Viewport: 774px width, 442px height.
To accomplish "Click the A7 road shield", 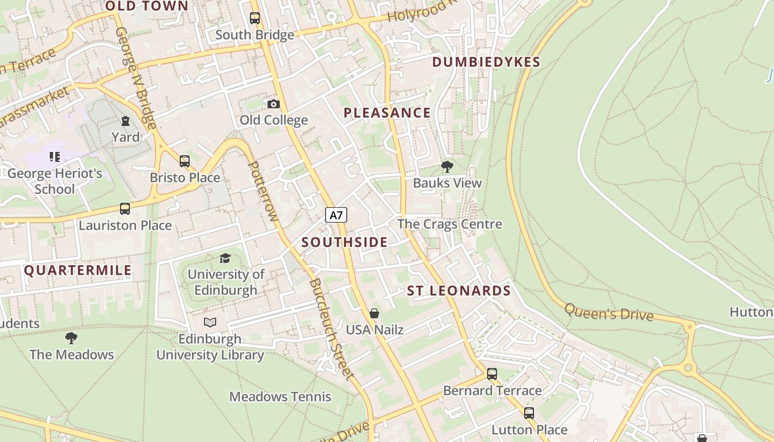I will tap(336, 215).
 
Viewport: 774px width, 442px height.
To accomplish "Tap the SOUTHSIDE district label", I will tap(344, 242).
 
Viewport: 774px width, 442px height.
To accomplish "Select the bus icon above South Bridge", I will tap(254, 18).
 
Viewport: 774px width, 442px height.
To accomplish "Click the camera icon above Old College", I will tap(273, 104).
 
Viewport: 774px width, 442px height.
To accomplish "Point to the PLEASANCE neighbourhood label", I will tap(387, 113).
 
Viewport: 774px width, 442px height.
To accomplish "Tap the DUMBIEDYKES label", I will tap(486, 62).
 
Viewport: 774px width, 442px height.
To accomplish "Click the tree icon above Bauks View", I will tap(447, 166).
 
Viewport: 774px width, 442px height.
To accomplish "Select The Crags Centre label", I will tap(449, 224).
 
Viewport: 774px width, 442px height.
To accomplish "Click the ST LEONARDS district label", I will tap(459, 291).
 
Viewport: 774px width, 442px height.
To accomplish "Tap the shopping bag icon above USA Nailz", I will tap(374, 313).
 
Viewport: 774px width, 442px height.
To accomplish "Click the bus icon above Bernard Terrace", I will tap(492, 374).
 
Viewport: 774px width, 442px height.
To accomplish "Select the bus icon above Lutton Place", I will tap(529, 413).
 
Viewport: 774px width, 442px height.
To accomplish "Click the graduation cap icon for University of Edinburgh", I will tap(225, 258).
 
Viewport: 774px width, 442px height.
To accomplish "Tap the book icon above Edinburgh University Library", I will tap(210, 322).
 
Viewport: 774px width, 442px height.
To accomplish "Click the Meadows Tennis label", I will tap(280, 397).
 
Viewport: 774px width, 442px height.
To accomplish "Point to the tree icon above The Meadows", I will tap(71, 338).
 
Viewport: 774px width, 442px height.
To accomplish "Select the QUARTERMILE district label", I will tap(78, 270).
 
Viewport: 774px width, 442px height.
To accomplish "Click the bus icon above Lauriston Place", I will tap(125, 209).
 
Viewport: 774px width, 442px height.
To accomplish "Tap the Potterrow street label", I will tap(263, 191).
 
